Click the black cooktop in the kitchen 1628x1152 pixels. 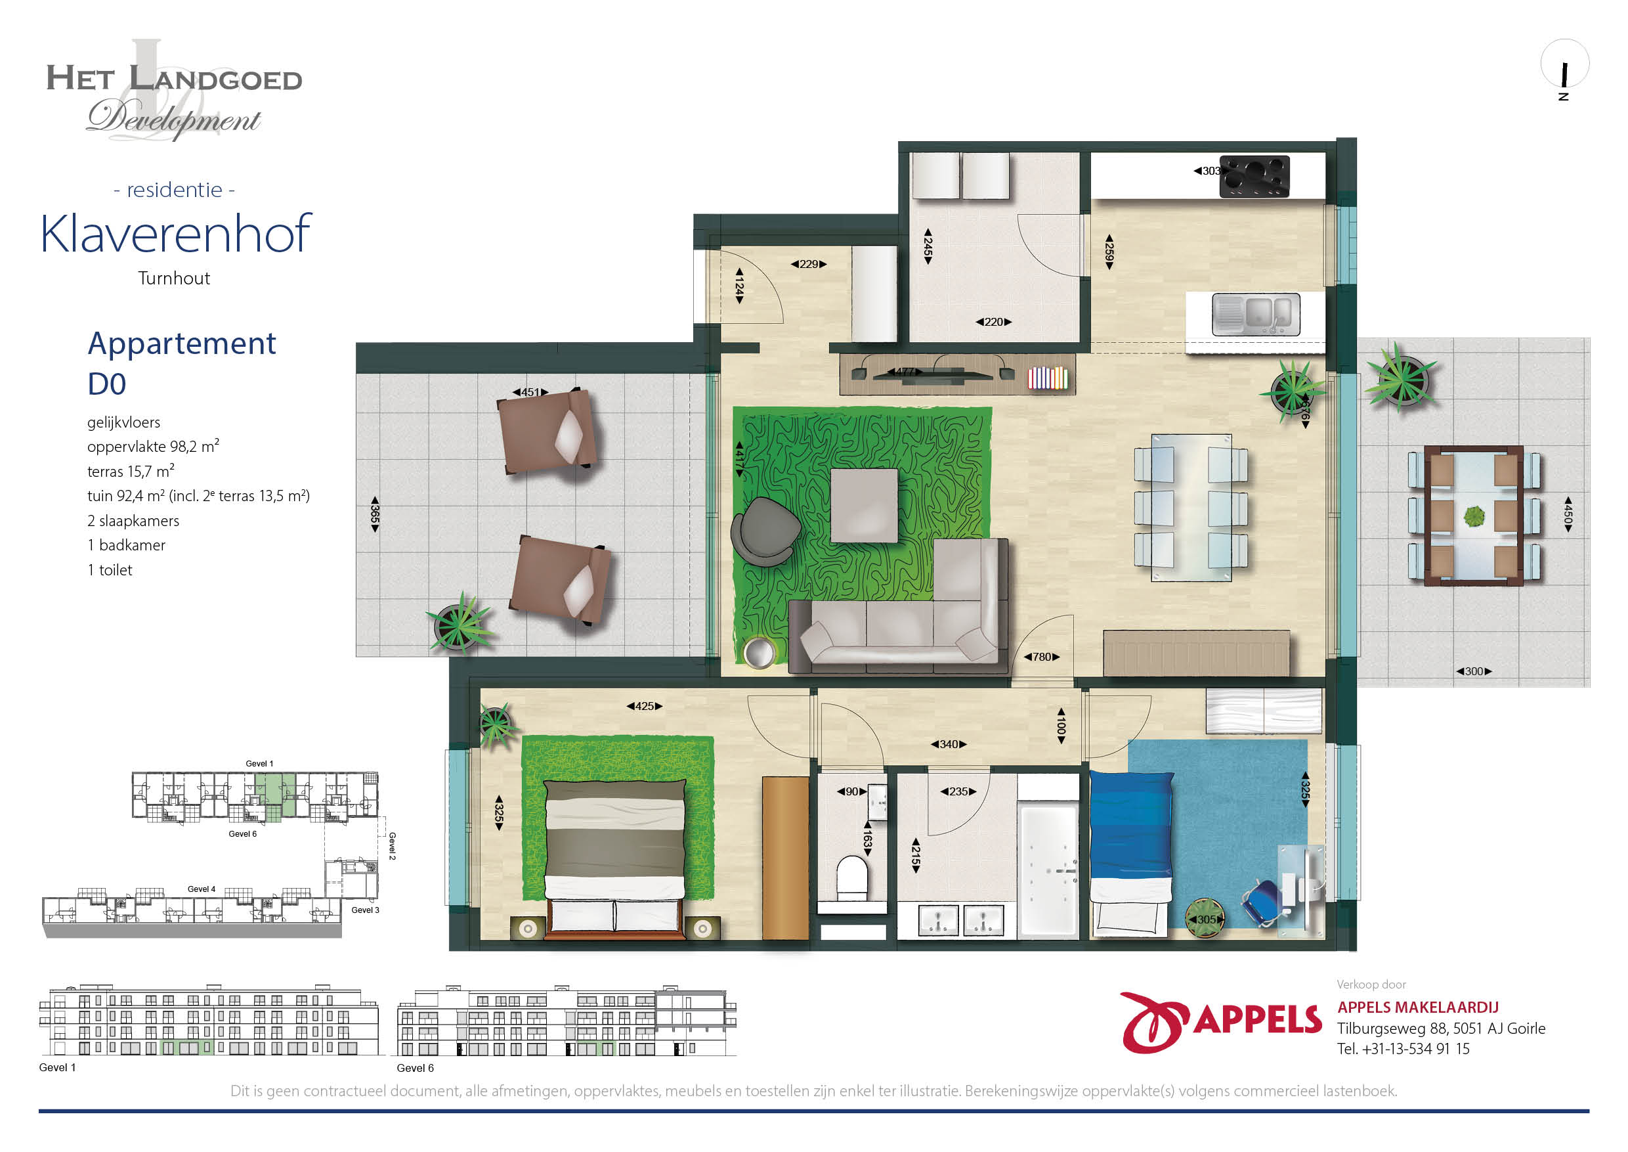pyautogui.click(x=1254, y=176)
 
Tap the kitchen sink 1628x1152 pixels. pyautogui.click(x=1256, y=314)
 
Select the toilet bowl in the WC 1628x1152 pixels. pyautogui.click(x=852, y=877)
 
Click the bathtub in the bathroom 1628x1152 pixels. pyautogui.click(x=1048, y=870)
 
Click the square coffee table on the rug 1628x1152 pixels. pyautogui.click(x=864, y=506)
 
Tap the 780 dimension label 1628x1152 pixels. pyautogui.click(x=1042, y=657)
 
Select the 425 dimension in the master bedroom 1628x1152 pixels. pyautogui.click(x=645, y=706)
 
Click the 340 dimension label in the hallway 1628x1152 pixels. pyautogui.click(x=949, y=744)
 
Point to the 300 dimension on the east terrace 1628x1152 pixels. pyautogui.click(x=1474, y=671)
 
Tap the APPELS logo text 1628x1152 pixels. pyautogui.click(x=1258, y=1020)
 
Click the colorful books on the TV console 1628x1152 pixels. pyautogui.click(x=1048, y=378)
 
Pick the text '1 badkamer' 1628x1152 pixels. pyautogui.click(x=126, y=544)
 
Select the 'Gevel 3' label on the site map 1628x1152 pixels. pyautogui.click(x=365, y=910)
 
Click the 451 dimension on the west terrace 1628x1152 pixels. pyautogui.click(x=530, y=392)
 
